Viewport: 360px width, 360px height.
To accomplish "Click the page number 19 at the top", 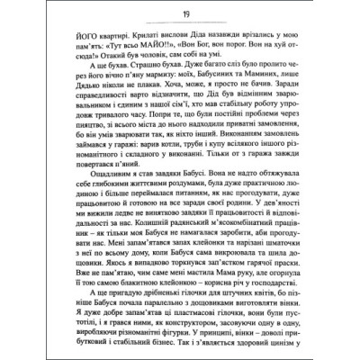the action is [179, 12].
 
